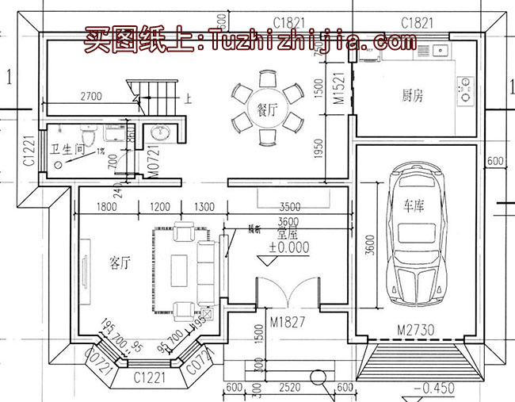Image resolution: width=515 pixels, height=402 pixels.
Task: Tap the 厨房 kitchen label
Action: point(412,96)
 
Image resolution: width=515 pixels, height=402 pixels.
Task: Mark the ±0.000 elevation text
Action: point(284,247)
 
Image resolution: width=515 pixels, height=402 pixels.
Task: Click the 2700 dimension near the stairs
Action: point(91,97)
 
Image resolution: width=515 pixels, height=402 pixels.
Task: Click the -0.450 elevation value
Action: point(433,389)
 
